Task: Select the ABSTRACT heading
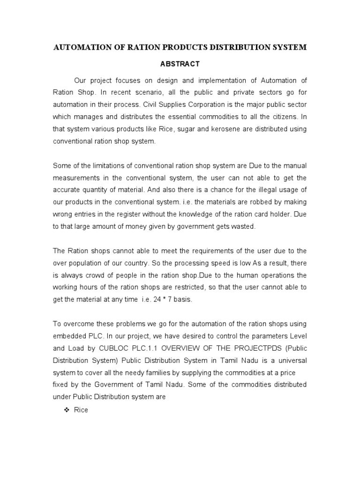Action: point(180,64)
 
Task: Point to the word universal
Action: point(292,361)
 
